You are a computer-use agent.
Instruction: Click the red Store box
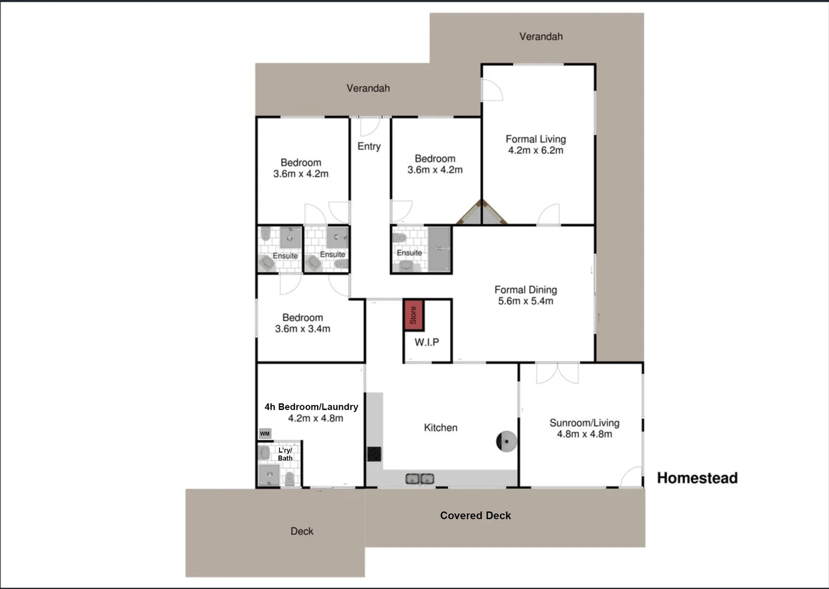pos(413,315)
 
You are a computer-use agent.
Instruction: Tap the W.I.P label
pos(426,342)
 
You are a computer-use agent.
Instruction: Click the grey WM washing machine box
pos(265,434)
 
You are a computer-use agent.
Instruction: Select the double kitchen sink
pos(419,479)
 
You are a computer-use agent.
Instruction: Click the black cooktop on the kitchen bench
pos(374,454)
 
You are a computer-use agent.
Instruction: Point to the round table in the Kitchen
pos(506,441)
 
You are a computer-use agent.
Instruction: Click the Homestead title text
pos(697,478)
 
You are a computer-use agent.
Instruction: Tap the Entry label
pos(369,146)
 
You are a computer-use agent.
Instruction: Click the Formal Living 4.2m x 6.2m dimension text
pos(536,151)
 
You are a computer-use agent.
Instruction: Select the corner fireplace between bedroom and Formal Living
pos(482,214)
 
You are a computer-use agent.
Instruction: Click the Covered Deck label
pos(475,515)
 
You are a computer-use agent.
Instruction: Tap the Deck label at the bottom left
pos(301,531)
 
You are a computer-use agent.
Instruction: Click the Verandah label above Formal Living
pos(541,37)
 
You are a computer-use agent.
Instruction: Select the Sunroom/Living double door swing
pos(557,374)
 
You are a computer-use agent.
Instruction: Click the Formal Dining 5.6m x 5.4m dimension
pos(525,301)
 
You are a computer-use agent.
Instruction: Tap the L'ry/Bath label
pos(285,454)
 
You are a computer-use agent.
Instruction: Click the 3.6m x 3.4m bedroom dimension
pos(302,329)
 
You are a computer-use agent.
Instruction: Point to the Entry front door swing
pos(370,127)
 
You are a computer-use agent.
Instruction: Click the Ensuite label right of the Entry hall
pos(409,253)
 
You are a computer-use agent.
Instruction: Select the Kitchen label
pos(440,428)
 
